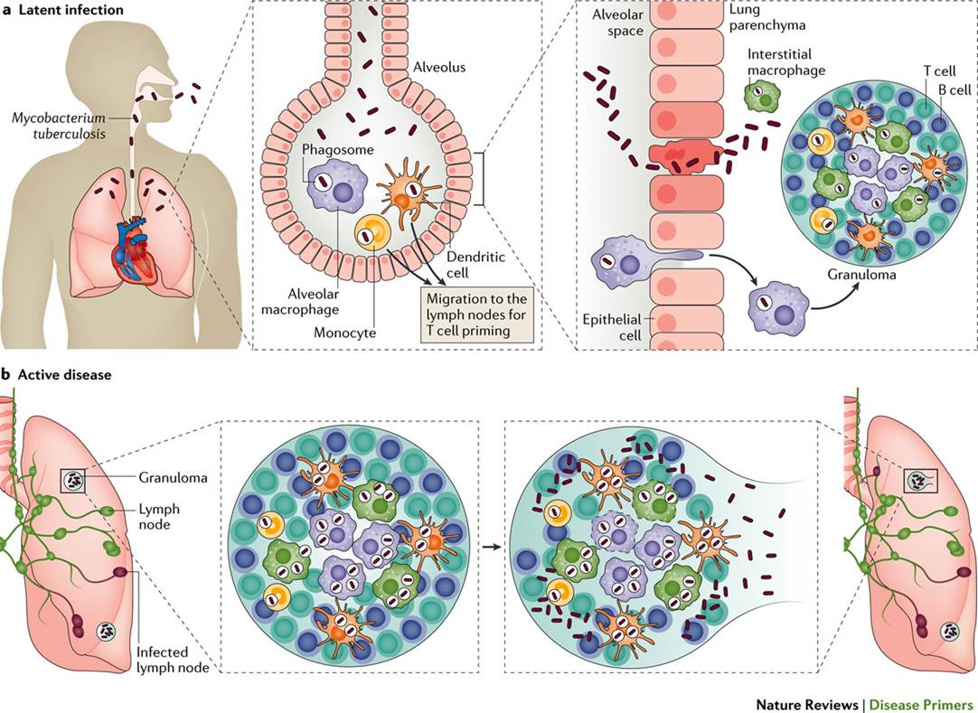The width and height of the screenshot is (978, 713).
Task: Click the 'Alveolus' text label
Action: tap(438, 66)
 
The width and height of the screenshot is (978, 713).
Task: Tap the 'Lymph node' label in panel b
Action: tap(163, 517)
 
